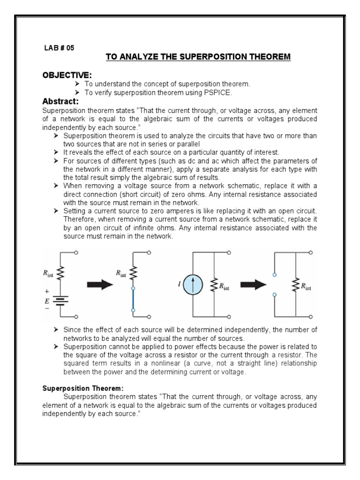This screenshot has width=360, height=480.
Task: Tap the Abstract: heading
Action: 60,101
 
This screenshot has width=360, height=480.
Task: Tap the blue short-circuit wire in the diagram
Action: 134,300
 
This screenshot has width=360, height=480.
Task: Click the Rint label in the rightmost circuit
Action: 307,285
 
